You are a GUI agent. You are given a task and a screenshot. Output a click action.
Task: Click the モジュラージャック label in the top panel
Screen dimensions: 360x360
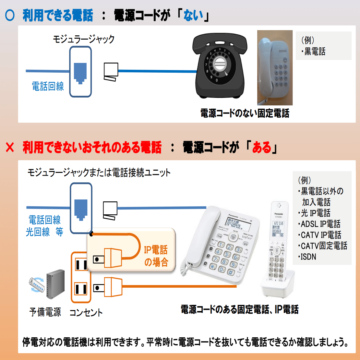(x=84, y=39)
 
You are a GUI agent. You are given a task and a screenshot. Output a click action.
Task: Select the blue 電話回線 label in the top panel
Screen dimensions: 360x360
(x=48, y=86)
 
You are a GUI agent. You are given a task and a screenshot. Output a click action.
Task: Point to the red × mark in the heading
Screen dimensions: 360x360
(x=10, y=148)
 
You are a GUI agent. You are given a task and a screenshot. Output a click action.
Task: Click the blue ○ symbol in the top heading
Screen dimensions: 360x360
(x=10, y=16)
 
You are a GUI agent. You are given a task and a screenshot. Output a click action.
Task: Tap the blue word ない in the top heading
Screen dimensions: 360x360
(x=193, y=16)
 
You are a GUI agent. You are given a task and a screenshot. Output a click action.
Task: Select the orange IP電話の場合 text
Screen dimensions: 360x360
(x=156, y=256)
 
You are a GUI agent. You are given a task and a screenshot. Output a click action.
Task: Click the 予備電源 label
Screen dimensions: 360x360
(x=45, y=312)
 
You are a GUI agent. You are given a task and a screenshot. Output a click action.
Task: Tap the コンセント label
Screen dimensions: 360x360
(x=86, y=313)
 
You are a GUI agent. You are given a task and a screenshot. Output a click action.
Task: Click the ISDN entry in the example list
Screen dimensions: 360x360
(x=308, y=257)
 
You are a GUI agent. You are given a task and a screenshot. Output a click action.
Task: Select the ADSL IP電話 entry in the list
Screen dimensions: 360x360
(x=320, y=224)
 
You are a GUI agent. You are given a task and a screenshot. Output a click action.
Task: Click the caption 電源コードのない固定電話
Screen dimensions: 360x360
(x=245, y=114)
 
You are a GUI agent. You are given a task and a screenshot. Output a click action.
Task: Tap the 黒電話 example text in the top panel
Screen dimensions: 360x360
(x=315, y=52)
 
